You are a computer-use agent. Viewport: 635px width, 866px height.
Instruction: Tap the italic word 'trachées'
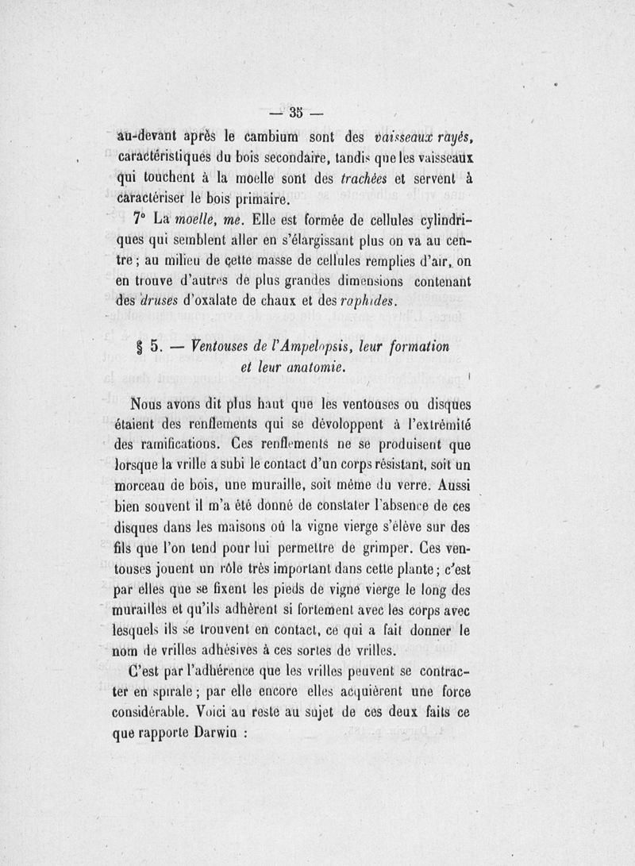click(x=368, y=179)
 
